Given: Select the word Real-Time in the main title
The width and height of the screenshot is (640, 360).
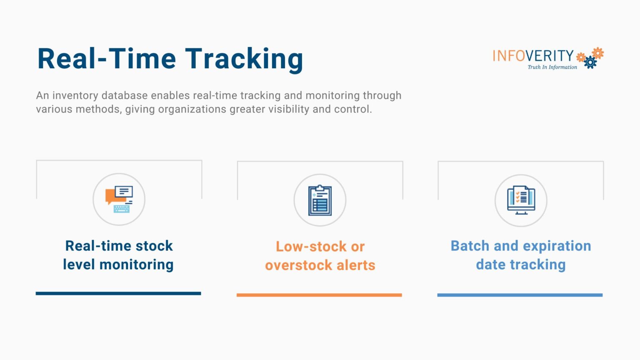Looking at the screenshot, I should tap(107, 59).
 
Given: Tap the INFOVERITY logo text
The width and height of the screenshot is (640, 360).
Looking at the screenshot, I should tap(533, 56).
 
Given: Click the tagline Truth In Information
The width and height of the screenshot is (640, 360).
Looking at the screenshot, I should tap(552, 67).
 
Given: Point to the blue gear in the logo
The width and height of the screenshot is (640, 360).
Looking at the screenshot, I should tap(590, 62).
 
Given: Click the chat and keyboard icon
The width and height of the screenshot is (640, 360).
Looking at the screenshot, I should tap(119, 199).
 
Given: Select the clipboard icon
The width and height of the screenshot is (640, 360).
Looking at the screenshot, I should tap(320, 200).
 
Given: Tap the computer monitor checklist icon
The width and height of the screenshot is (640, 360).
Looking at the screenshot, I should tap(521, 200).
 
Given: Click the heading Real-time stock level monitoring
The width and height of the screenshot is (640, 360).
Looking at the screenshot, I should tap(119, 255).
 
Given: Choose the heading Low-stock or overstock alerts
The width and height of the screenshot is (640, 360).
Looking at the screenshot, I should tap(320, 255).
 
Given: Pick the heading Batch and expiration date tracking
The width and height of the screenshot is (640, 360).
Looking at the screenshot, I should tap(521, 255).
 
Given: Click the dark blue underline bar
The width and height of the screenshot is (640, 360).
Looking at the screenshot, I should tap(118, 293).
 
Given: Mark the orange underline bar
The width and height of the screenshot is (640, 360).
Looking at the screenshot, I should tap(319, 295).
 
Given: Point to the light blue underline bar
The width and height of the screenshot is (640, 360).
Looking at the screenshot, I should tap(520, 295).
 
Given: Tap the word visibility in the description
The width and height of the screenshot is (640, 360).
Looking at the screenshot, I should tap(289, 109).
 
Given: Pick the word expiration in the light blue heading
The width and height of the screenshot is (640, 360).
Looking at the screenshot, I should tap(557, 246).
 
